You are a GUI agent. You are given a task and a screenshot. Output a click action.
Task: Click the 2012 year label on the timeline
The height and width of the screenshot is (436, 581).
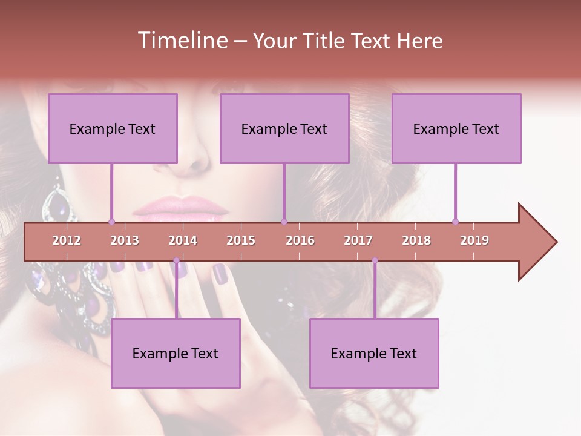tap(67, 240)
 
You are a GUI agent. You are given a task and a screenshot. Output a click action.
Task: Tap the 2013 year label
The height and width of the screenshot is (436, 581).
tap(125, 240)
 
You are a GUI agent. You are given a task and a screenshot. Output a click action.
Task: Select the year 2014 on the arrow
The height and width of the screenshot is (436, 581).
tap(183, 240)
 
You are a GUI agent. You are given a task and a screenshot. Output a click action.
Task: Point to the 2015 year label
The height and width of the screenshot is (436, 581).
tap(241, 240)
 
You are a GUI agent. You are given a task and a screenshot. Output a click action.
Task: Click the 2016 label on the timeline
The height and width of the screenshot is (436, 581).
tap(300, 240)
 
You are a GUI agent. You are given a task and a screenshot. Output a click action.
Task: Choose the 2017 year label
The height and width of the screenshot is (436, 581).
tap(358, 240)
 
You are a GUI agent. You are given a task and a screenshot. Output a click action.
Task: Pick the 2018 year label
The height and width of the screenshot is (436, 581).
tap(416, 240)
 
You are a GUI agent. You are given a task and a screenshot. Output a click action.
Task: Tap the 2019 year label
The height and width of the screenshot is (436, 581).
tap(474, 240)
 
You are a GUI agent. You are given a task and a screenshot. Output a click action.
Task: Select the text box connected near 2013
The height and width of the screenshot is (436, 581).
tap(113, 128)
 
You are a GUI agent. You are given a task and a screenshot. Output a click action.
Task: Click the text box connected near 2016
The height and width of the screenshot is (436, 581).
tap(284, 128)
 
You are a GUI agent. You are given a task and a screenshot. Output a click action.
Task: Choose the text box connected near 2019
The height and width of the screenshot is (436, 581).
tap(456, 128)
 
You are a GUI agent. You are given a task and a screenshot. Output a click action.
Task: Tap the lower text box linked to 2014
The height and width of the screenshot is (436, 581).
tap(176, 353)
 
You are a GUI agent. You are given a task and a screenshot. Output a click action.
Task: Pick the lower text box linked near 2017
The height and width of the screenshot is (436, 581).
tap(374, 353)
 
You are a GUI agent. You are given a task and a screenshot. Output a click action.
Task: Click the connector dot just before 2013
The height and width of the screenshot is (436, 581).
tap(111, 222)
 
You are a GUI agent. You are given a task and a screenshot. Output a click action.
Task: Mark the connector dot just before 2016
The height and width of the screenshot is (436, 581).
tap(284, 222)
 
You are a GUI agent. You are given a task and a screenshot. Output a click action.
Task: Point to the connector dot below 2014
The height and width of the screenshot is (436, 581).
tap(176, 260)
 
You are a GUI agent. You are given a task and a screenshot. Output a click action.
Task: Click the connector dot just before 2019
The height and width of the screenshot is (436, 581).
tap(455, 222)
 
